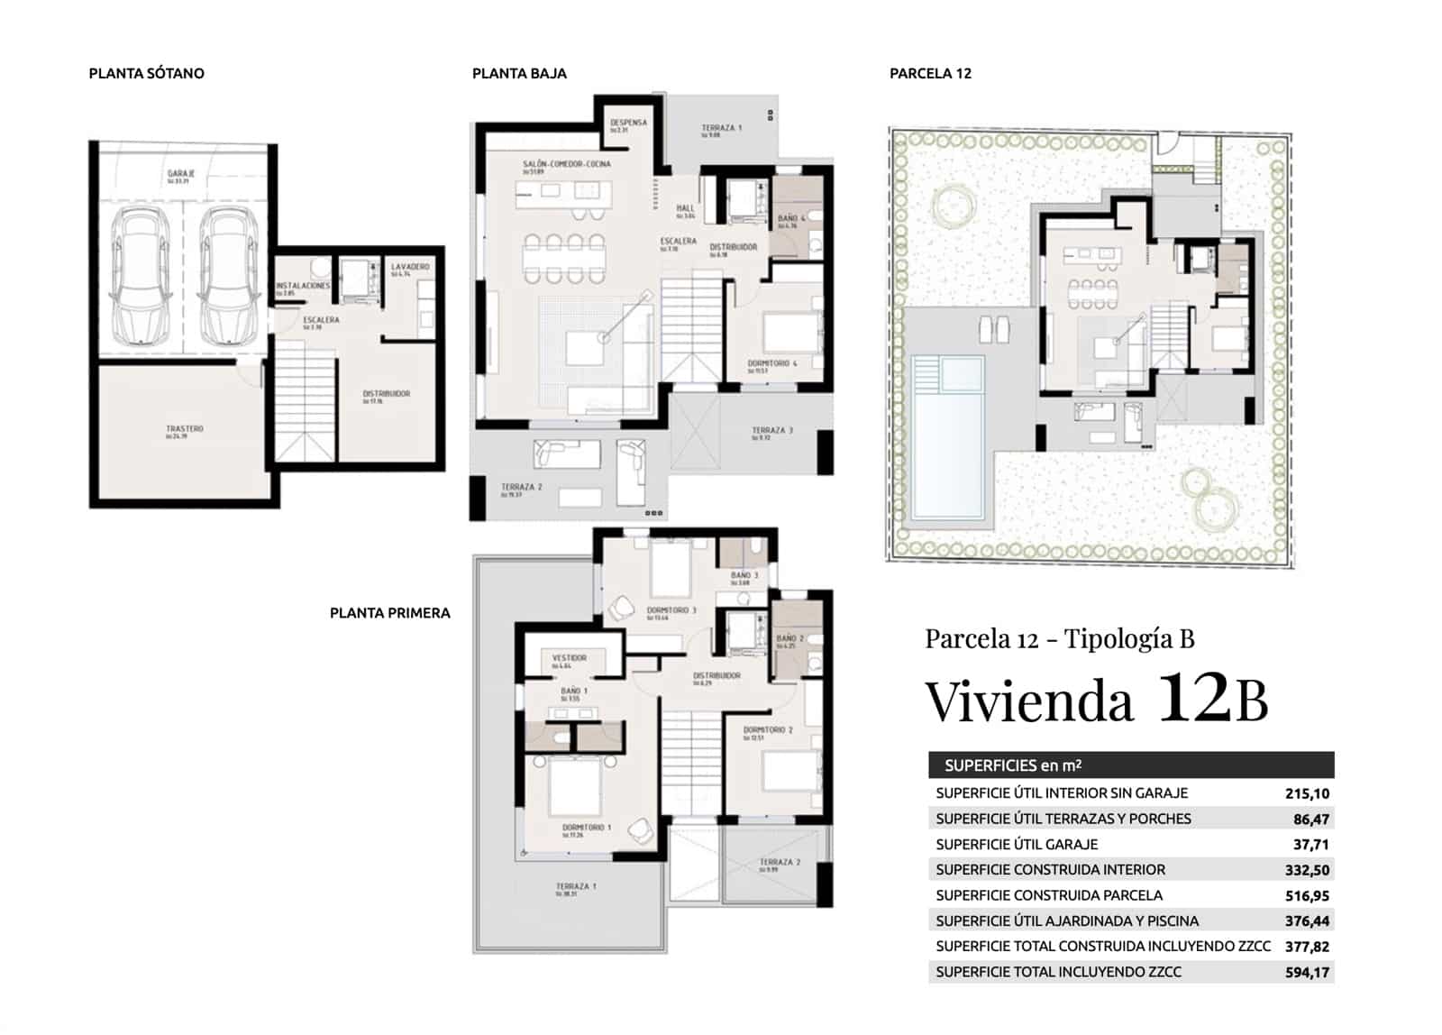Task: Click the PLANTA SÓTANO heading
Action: click(x=146, y=74)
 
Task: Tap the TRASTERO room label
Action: click(x=185, y=429)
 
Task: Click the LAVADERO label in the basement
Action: click(x=410, y=268)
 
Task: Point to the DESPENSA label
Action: click(x=628, y=124)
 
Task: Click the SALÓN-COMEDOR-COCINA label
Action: click(x=567, y=165)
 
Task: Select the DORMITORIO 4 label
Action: click(x=772, y=364)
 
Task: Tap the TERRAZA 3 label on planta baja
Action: click(x=772, y=432)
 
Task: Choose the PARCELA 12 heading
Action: click(x=930, y=74)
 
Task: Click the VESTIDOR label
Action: click(x=570, y=659)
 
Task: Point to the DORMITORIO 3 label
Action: click(x=671, y=611)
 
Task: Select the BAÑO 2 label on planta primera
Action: click(x=789, y=639)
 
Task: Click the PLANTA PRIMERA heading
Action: click(x=389, y=613)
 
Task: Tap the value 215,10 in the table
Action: click(x=1307, y=794)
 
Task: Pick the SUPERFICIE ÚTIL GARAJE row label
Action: click(x=1017, y=845)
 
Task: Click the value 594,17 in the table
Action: click(x=1307, y=973)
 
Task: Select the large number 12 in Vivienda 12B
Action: click(x=1192, y=697)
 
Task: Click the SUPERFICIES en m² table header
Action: click(x=1013, y=766)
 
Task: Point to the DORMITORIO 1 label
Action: click(x=587, y=828)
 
